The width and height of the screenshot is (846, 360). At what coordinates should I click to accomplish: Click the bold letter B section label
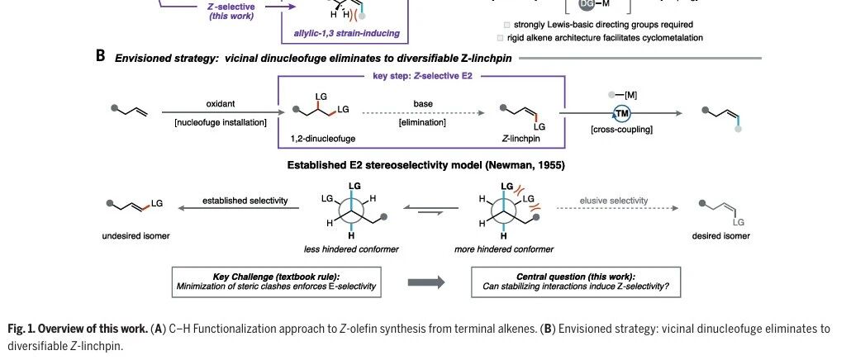pyautogui.click(x=100, y=58)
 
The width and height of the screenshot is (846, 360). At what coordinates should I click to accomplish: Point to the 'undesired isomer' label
pyautogui.click(x=135, y=236)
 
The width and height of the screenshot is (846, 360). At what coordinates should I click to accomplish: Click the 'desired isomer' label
pyautogui.click(x=721, y=236)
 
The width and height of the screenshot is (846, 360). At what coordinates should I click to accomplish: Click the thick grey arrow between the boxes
pyautogui.click(x=428, y=282)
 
